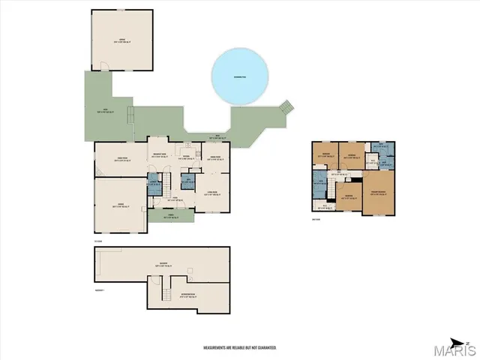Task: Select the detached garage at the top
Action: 121,40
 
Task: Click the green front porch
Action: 171,215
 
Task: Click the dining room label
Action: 215,157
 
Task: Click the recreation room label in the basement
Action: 187,294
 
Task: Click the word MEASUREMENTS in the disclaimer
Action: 218,348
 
